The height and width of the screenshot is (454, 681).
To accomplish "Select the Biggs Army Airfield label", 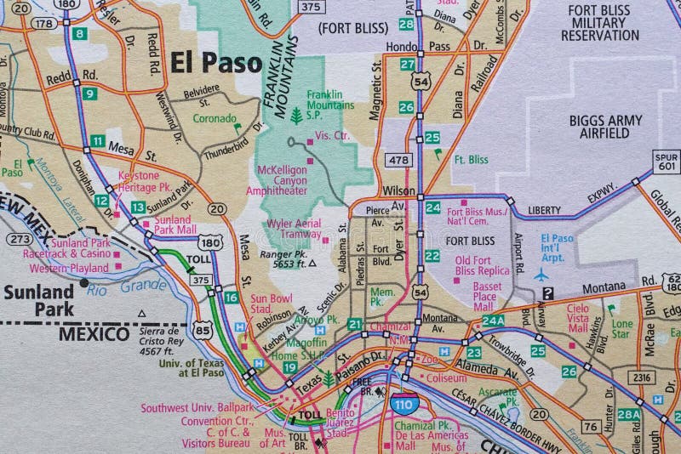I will [x=606, y=127].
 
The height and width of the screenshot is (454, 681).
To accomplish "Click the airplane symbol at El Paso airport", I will [x=541, y=274].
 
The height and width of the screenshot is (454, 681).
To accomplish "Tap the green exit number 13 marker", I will [x=138, y=207].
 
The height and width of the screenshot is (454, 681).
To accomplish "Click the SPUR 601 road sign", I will [x=667, y=161].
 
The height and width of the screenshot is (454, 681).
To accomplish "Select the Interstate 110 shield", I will [x=405, y=406].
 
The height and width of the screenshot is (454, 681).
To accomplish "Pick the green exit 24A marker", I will [x=493, y=321].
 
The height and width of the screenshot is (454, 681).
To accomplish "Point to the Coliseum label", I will [x=447, y=377].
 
